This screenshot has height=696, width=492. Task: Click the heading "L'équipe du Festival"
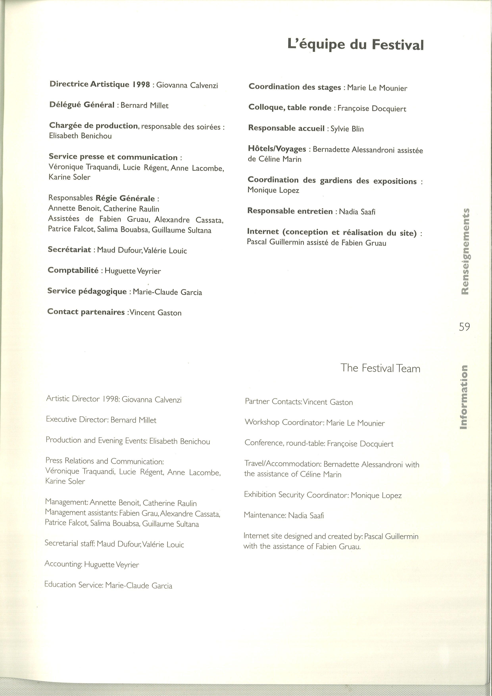click(x=355, y=45)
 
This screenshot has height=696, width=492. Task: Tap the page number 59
click(x=464, y=327)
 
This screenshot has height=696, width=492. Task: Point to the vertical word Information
click(x=463, y=397)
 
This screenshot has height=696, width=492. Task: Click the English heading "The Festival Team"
click(x=380, y=368)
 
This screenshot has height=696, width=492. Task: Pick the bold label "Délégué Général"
click(x=82, y=105)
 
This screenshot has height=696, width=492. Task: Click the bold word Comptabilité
click(x=73, y=270)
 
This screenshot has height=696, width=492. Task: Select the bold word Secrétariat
click(x=69, y=249)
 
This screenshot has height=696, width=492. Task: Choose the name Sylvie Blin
click(x=347, y=129)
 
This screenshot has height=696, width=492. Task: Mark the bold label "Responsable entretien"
click(x=290, y=211)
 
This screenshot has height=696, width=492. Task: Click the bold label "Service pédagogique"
click(x=87, y=291)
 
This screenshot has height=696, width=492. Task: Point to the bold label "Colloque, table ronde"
click(x=290, y=108)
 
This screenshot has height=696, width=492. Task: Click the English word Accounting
click(x=63, y=564)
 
